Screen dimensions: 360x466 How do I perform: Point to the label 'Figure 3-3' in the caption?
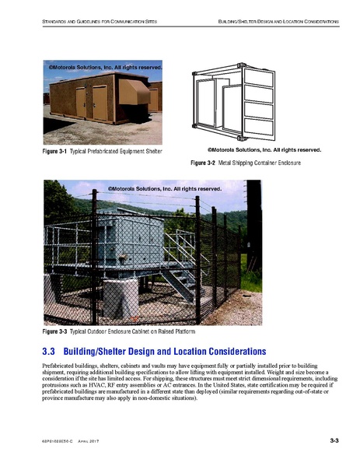55,331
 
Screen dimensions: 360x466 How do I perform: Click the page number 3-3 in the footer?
334,441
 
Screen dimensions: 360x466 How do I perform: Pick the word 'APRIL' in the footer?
85,442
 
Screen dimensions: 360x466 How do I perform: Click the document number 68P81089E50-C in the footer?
57,442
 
